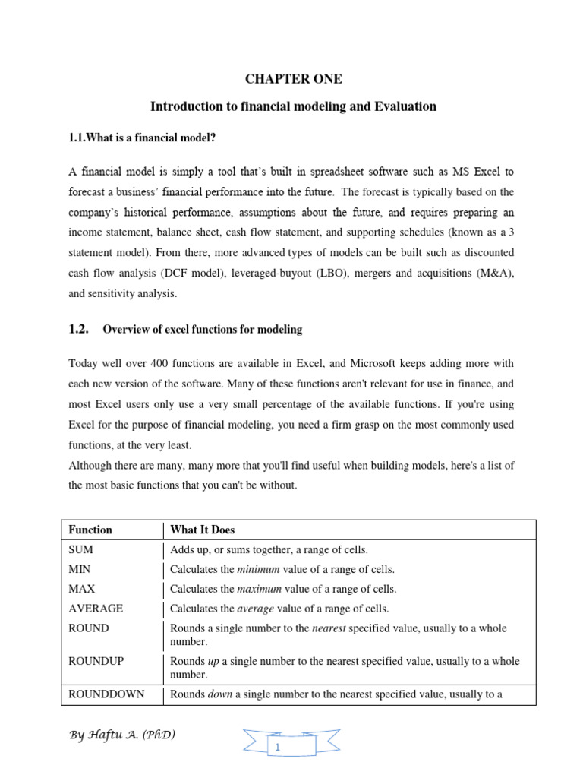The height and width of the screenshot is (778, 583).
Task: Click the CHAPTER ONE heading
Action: (x=293, y=79)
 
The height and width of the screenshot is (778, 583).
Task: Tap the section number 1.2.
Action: (x=79, y=329)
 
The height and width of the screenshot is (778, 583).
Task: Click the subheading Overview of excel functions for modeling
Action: (x=202, y=330)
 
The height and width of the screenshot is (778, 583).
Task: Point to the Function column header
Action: (x=90, y=530)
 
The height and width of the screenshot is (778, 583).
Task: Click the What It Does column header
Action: (x=202, y=530)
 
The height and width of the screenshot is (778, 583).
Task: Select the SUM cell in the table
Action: (x=80, y=549)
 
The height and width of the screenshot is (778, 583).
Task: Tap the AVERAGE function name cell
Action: (x=96, y=609)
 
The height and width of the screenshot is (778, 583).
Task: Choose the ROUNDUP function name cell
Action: (x=96, y=661)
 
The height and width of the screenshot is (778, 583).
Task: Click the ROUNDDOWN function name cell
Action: (x=106, y=694)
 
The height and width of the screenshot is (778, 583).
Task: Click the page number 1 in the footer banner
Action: (x=278, y=748)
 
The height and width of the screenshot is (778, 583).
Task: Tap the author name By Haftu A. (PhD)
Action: (x=122, y=735)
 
